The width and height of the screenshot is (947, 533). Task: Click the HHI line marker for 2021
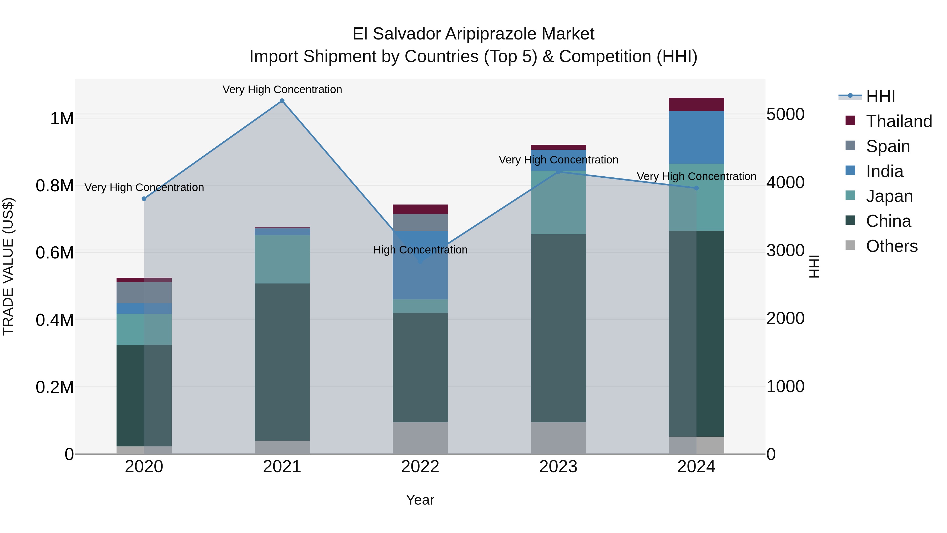tap(282, 101)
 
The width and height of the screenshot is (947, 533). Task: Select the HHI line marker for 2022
tap(420, 261)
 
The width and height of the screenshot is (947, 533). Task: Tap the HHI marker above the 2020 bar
tap(144, 199)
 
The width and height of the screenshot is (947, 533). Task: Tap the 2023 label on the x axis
tap(558, 467)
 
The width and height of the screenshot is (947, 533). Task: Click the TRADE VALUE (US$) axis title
tap(8, 266)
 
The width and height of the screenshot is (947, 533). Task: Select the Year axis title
tap(420, 500)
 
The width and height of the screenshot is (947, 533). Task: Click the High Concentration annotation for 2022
tap(420, 250)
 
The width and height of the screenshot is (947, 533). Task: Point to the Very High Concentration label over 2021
tap(282, 90)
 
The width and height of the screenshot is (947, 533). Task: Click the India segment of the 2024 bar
tap(696, 137)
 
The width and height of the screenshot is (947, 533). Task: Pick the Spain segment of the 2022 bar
tap(420, 222)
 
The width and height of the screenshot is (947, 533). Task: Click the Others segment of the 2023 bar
tap(558, 438)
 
